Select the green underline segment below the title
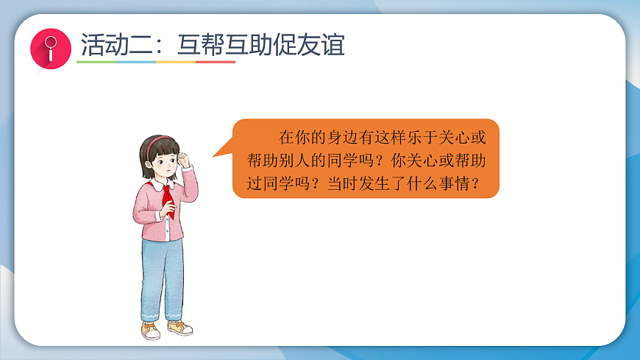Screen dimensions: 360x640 pyautogui.click(x=96, y=62)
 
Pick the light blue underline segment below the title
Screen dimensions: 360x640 pyautogui.click(x=136, y=62)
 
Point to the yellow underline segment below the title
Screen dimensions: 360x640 pyautogui.click(x=176, y=62)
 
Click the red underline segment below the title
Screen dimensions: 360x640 pyautogui.click(x=216, y=62)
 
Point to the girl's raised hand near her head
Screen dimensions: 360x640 pyautogui.click(x=185, y=159)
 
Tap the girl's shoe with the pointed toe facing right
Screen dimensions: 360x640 pyautogui.click(x=179, y=328)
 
